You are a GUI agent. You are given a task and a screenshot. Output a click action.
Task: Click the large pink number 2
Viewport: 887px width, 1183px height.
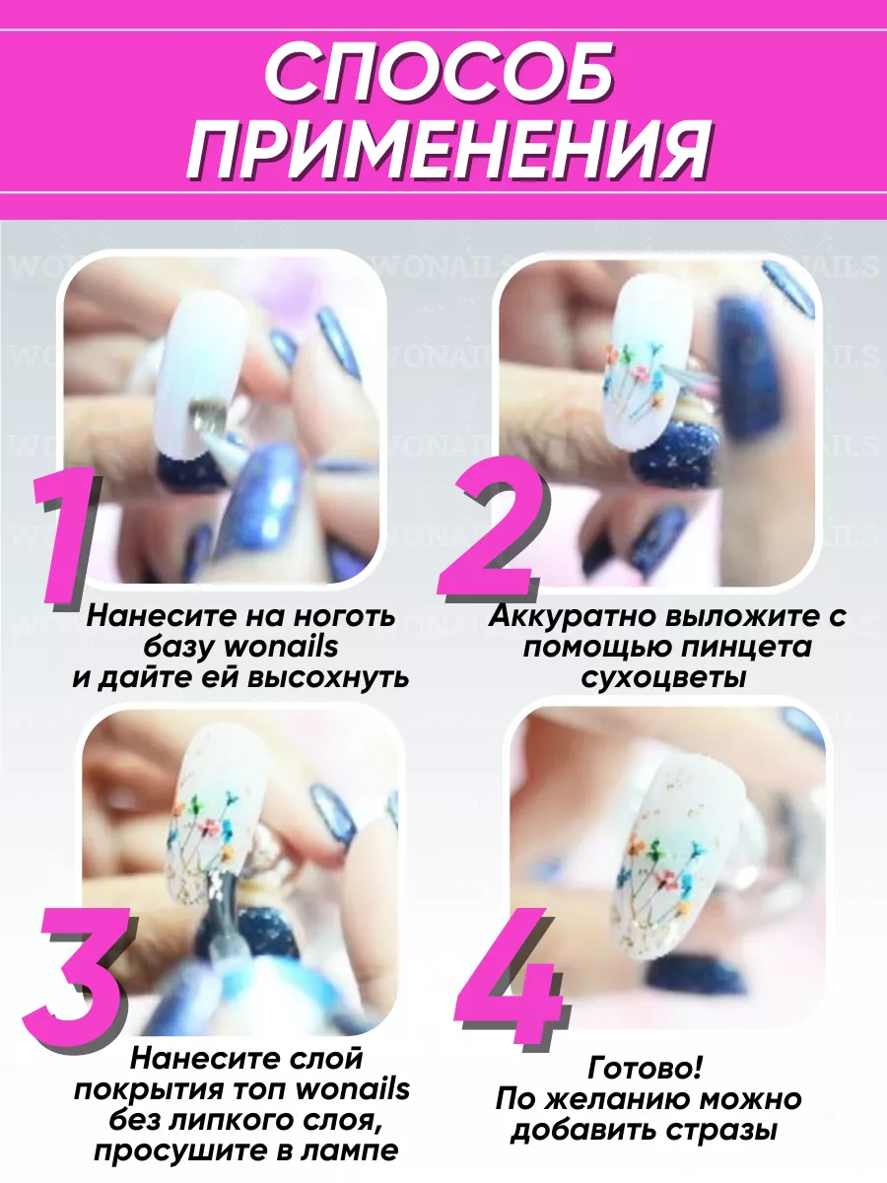coord(491,530)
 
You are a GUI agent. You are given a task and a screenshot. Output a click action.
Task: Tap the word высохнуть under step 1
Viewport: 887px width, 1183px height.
coord(328,677)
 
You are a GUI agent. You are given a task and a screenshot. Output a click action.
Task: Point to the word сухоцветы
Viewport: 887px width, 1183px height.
coord(663,678)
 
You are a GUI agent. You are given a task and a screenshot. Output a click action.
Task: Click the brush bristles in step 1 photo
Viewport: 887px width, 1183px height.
coord(206,416)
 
